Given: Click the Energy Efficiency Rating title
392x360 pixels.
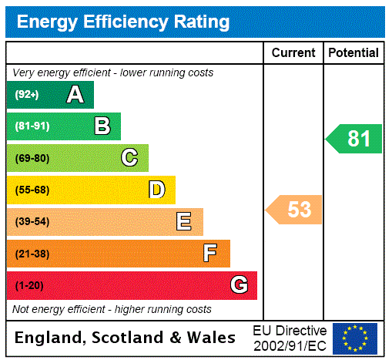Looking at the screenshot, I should tap(123, 22).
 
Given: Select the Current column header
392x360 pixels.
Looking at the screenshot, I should tap(293, 52).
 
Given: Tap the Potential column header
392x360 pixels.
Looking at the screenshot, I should tap(353, 52).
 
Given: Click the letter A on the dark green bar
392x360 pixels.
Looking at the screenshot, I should tap(75, 95).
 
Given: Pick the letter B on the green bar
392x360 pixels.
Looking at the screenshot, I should tap(102, 126).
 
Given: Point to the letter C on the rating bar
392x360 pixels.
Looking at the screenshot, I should tap(129, 158).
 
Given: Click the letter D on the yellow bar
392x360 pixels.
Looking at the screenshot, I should tap(156, 190).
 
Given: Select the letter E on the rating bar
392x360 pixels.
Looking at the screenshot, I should tap(184, 222).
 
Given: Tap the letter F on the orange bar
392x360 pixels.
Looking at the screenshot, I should tap(210, 254).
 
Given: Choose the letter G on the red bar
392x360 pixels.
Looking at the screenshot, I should tap(239, 285).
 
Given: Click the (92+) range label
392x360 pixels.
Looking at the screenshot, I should tap(26, 95).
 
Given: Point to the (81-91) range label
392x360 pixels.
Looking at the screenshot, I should tap(32, 126).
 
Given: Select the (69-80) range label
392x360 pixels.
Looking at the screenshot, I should tap(32, 158).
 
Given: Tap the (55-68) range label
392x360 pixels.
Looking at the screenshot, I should tap(32, 190).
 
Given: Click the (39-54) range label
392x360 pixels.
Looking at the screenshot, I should tap(32, 222).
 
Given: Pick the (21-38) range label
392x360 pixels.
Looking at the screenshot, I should tap(32, 254).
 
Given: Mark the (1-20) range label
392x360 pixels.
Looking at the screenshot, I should tap(28, 285).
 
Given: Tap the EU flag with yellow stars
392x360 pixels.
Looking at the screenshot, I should tap(355, 338).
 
